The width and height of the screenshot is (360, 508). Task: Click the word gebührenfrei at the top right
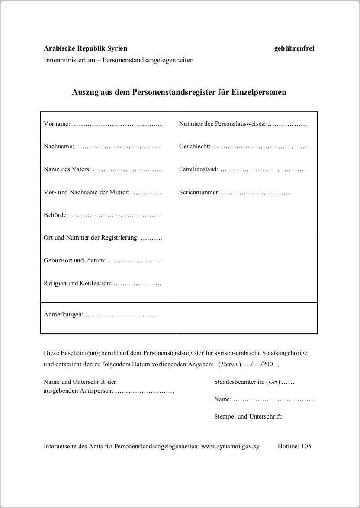[294, 48]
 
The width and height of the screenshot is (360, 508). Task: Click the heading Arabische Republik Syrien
[85, 48]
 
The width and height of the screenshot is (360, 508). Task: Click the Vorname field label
[57, 124]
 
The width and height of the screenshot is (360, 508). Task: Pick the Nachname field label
[59, 147]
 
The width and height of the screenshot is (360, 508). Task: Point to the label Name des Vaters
[67, 169]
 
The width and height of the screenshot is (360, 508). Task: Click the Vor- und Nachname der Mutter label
[86, 192]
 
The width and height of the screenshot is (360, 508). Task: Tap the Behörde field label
[56, 215]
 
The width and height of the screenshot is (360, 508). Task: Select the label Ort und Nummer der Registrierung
[91, 238]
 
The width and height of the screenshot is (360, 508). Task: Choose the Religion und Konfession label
[77, 284]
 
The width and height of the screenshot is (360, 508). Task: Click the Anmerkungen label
[63, 315]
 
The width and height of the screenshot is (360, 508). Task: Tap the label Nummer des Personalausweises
[222, 124]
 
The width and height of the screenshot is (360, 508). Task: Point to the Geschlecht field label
[194, 147]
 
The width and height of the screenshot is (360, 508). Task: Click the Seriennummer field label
[199, 192]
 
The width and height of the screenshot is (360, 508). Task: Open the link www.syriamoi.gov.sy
[230, 446]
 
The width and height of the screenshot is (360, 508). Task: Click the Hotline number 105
[306, 446]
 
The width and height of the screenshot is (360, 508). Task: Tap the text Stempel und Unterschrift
[248, 416]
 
